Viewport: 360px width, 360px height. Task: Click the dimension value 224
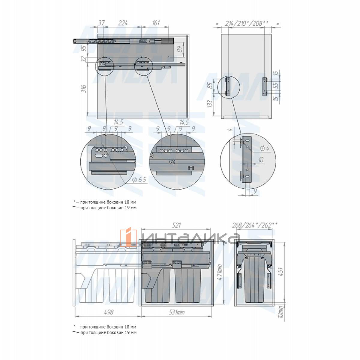point(123,23)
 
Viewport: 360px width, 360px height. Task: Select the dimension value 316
point(84,89)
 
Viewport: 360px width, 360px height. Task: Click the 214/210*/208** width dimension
point(247,23)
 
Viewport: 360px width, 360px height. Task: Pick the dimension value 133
point(210,104)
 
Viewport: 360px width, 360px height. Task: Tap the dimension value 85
point(210,85)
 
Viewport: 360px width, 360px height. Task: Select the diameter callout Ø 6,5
point(139,179)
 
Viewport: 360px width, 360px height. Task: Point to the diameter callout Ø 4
point(264,148)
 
